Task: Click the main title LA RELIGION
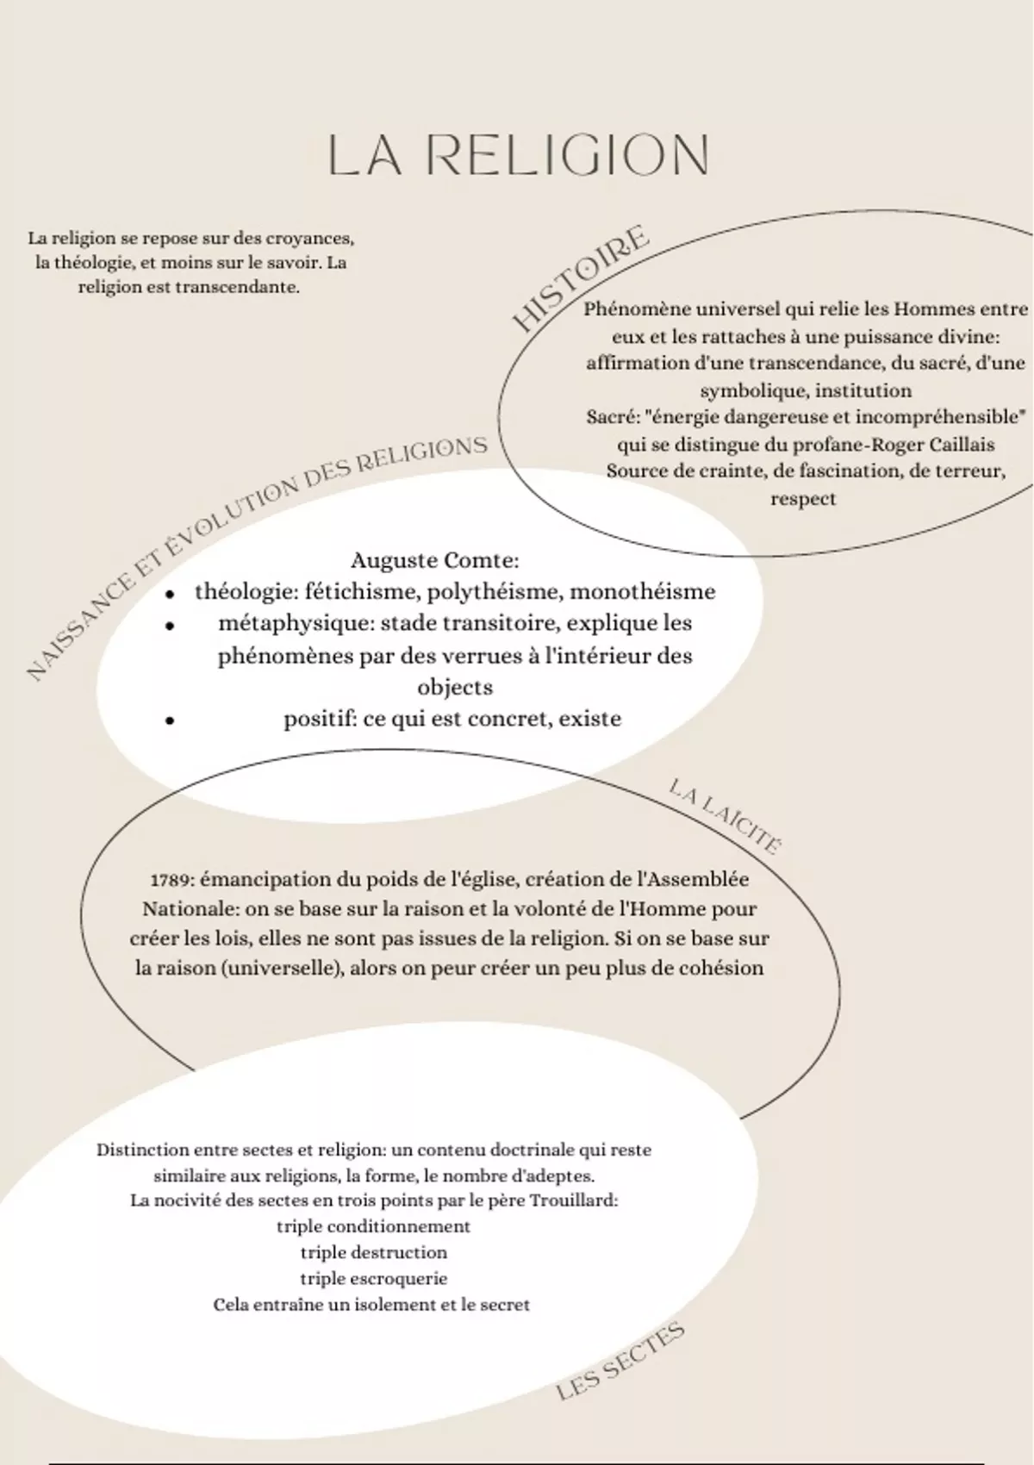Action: pos(518,155)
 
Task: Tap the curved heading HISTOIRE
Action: pos(581,277)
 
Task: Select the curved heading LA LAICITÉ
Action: pos(726,815)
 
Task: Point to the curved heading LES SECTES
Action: pos(620,1361)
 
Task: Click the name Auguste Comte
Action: pos(434,560)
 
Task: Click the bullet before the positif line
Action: pos(171,720)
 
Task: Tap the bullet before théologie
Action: pos(171,594)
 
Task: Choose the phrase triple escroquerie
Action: pos(373,1279)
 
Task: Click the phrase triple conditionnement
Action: pos(373,1226)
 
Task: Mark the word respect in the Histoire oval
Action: pos(803,499)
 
